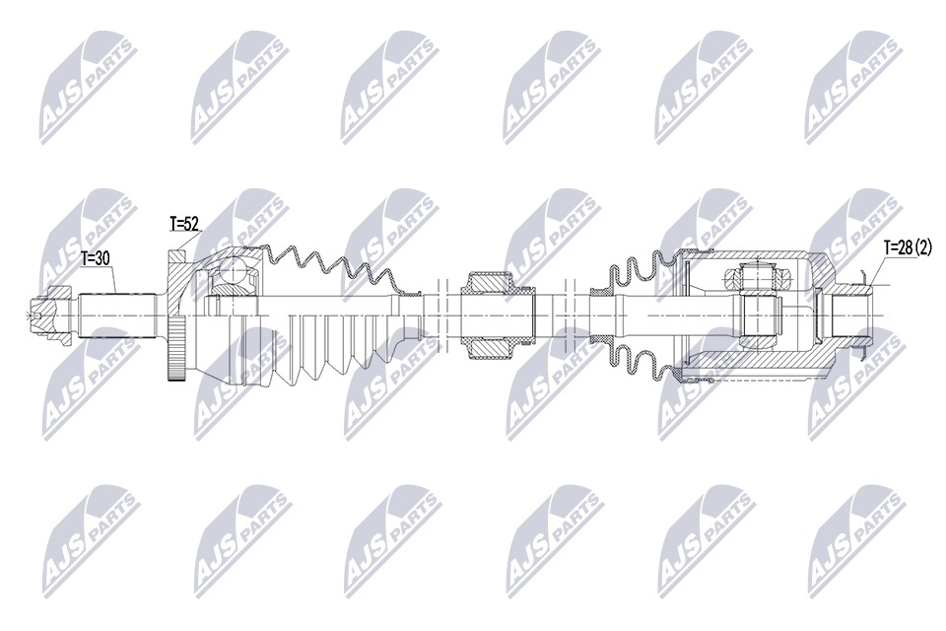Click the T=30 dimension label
(97, 259)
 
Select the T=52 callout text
(184, 225)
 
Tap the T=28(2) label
(907, 247)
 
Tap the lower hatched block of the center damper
(490, 346)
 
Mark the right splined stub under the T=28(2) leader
(849, 315)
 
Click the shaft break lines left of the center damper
(440, 315)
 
